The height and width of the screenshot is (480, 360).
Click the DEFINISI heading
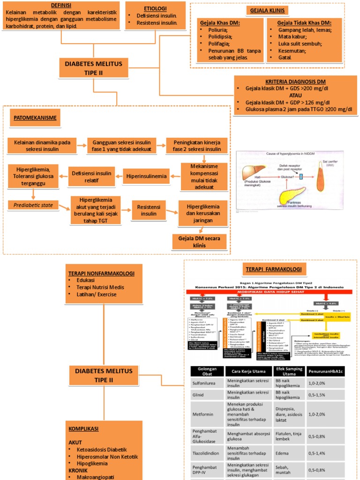[60, 5]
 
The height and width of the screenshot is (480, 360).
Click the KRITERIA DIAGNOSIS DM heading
[296, 81]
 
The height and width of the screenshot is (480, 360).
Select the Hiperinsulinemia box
[146, 177]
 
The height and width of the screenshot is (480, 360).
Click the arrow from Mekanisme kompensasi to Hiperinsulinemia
[175, 177]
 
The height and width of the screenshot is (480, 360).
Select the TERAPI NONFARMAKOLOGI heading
[101, 273]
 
